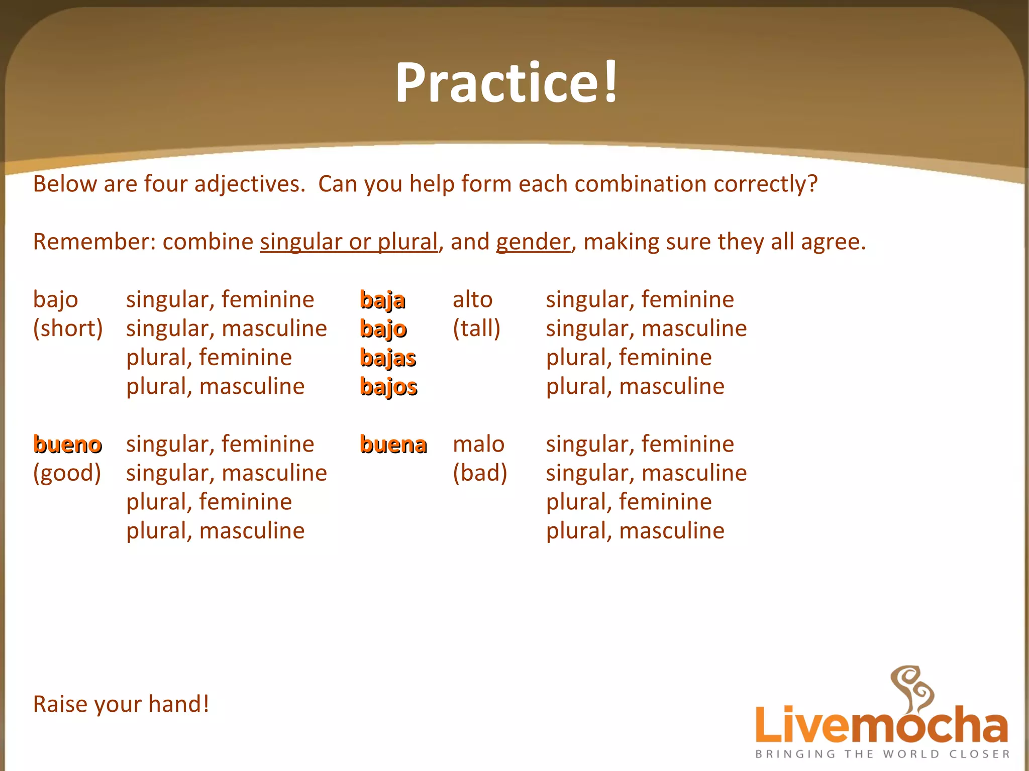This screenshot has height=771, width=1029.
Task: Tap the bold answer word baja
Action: point(382,300)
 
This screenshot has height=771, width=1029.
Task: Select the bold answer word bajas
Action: point(388,358)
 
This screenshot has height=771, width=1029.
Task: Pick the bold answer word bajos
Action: point(388,387)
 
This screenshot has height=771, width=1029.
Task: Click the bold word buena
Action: point(393,445)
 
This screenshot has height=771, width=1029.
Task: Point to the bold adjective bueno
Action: point(67,445)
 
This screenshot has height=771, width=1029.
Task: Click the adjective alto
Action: point(472,299)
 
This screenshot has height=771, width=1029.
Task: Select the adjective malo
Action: point(478,444)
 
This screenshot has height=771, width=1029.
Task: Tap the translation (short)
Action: point(68,328)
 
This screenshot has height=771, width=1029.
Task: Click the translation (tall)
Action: point(476,328)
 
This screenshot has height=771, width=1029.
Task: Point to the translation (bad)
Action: point(480,473)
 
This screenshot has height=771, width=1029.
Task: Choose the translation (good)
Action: point(67,473)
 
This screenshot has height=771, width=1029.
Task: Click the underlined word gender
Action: point(533,242)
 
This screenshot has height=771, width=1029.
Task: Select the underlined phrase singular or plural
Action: point(349,242)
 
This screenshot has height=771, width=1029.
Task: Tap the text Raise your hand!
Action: point(121,704)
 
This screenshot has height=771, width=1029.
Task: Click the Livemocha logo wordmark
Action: point(881,724)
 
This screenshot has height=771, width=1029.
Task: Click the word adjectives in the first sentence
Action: point(250,184)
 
